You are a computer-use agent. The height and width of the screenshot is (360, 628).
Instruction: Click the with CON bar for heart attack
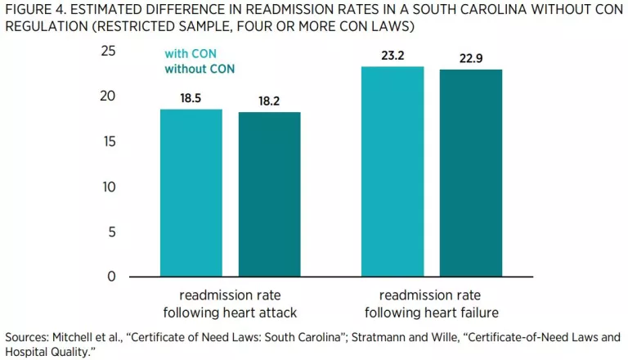coord(191,193)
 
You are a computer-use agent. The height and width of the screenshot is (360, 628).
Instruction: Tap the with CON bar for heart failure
coord(392,172)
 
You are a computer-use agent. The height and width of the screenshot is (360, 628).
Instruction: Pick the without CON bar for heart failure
coord(471,173)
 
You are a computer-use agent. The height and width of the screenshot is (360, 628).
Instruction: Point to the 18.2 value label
coord(269,101)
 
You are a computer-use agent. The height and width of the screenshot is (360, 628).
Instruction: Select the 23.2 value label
coord(392,55)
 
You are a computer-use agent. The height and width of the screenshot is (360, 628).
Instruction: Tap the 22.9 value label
coord(471,58)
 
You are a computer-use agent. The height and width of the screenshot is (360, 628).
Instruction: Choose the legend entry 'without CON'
coord(200,69)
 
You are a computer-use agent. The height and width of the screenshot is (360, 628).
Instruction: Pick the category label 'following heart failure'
coord(432,312)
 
